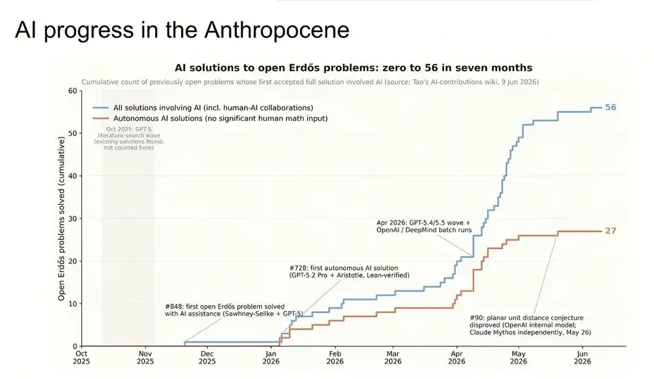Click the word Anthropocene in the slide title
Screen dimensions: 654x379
pos(277,30)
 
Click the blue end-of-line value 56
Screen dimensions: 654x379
pos(610,107)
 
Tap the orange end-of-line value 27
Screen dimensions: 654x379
pos(610,231)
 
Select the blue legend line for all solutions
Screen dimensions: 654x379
pos(101,108)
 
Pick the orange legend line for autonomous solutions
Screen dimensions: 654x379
pos(101,119)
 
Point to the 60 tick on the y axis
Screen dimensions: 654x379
pos(73,91)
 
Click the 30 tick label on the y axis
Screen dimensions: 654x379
pos(73,219)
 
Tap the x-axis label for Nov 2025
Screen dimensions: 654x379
pos(145,357)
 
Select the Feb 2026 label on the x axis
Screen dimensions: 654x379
pos(335,357)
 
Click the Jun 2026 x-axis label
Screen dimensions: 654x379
pos(583,357)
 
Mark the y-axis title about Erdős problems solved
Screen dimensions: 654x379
pos(61,219)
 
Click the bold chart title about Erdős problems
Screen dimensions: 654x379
pos(353,68)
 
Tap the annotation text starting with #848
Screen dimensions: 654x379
pos(234,310)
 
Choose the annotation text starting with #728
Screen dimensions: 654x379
pos(349,271)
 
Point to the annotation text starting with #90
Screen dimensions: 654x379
pos(530,325)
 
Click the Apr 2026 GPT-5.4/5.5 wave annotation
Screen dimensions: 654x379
pos(424,226)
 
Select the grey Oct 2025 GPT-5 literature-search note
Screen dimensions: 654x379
pos(128,139)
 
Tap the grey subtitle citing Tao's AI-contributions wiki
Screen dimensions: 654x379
pos(310,82)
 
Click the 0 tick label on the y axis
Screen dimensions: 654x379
pos(75,346)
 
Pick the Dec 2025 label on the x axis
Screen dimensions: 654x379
pos(207,357)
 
